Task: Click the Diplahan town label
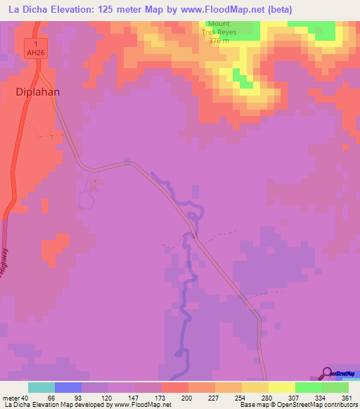[x=37, y=91]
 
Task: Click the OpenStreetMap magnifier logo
[x=328, y=372]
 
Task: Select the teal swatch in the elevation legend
[x=41, y=387]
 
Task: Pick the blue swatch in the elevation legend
[x=68, y=387]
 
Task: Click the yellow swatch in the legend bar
[x=282, y=387]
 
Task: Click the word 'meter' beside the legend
[x=11, y=398]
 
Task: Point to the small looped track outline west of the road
[x=86, y=200]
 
